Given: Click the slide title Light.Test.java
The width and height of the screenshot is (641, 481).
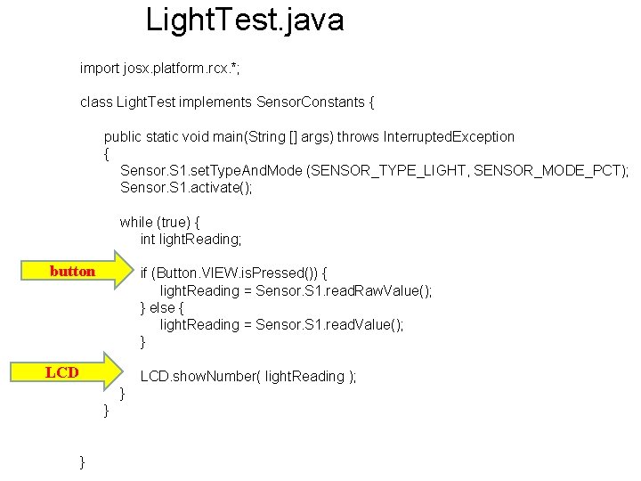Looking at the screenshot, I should coord(245,20).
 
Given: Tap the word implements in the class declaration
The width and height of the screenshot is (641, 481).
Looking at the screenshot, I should coord(219,102).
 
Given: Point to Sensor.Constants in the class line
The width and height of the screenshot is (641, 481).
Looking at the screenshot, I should coord(312,102).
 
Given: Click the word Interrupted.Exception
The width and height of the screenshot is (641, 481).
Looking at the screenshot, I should coord(449,137).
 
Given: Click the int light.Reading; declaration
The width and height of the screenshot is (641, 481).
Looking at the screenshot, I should coord(191,239).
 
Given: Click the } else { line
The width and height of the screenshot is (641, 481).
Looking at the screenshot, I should coord(161,307).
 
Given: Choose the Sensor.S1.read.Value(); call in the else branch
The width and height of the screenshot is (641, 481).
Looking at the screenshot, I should coord(329,324).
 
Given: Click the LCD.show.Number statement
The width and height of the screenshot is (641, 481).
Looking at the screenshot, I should coord(247,377).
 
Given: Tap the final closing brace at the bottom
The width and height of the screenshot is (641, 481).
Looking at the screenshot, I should coord(83,461).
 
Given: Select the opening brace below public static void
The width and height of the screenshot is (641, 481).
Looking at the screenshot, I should coord(108,153).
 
